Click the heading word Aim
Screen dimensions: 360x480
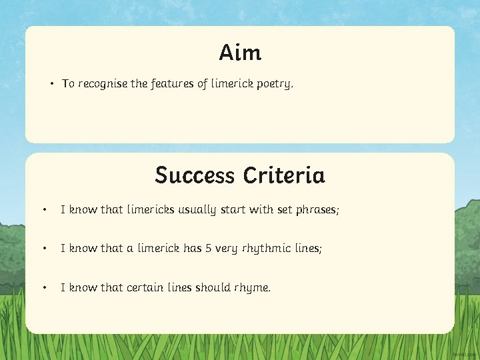point(240,52)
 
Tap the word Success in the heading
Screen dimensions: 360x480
point(195,175)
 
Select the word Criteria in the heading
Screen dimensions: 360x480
point(284,175)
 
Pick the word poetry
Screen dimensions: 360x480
point(274,85)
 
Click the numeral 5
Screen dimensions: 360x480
point(209,249)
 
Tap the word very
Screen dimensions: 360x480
point(226,249)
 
